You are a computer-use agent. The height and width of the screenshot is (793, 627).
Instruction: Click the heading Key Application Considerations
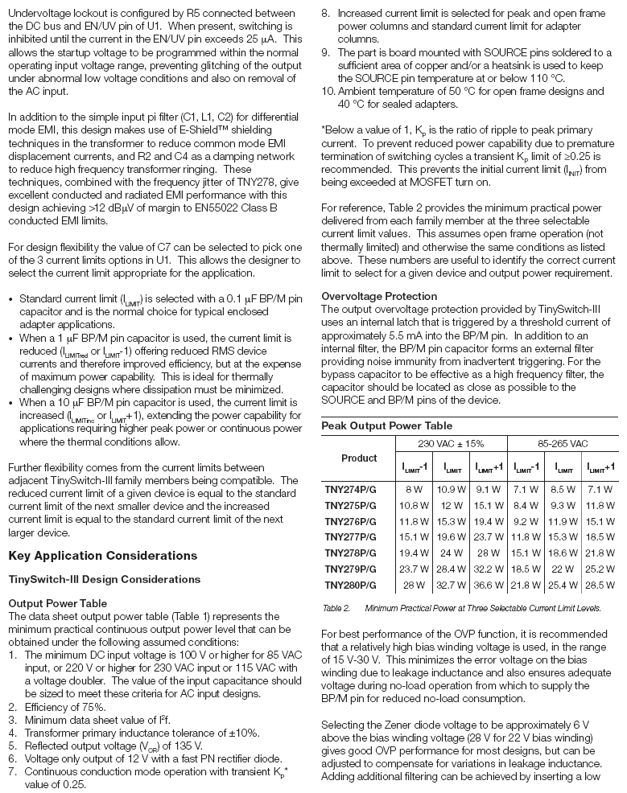pos(102,556)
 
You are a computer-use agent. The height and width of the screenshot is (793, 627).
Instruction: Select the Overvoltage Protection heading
pos(379,296)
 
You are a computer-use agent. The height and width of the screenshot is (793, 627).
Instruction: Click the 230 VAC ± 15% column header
pos(451,443)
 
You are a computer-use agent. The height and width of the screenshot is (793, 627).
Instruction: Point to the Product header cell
pos(358,458)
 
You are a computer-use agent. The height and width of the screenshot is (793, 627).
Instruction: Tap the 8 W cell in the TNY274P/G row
pos(414,488)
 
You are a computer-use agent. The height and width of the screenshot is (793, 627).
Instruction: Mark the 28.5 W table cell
pos(600,585)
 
